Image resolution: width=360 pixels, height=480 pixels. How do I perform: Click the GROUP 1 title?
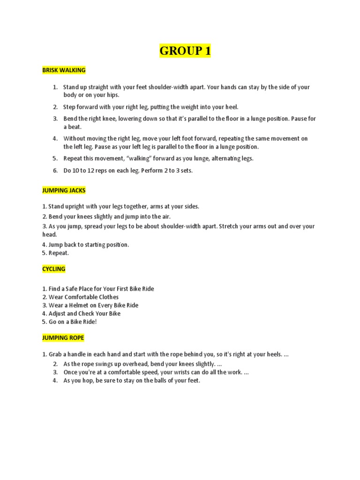point(185,51)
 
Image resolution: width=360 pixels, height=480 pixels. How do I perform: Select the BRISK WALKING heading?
point(64,70)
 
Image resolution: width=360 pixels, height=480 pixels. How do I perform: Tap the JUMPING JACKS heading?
point(64,191)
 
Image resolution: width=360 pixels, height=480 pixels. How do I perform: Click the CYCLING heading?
point(54,269)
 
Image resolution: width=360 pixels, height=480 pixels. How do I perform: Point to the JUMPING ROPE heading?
point(63,338)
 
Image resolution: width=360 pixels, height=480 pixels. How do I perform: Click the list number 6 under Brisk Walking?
point(55,171)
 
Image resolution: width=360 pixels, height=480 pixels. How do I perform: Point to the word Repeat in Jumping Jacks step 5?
point(58,253)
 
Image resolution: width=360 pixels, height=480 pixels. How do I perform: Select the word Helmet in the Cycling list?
point(85,305)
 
